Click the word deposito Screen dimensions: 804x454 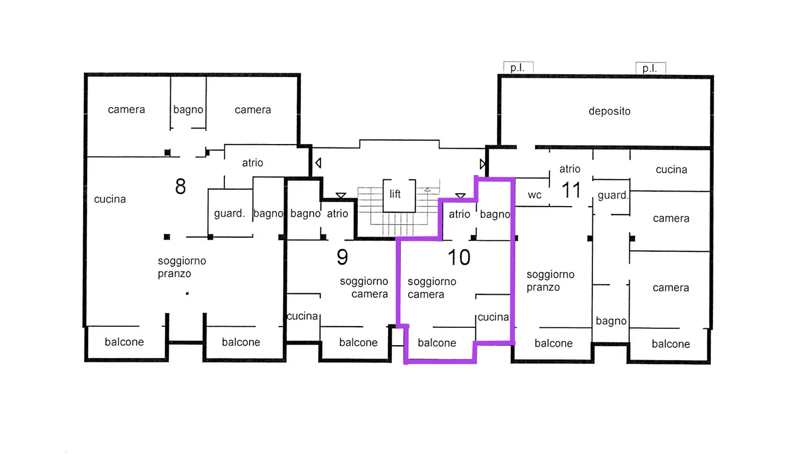coord(609,111)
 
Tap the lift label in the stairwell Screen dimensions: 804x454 coord(395,194)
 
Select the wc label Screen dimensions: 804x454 coord(534,195)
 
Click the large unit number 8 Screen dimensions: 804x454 coord(180,187)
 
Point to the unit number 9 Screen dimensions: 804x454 coord(342,257)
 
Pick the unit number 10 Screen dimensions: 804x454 coord(459,257)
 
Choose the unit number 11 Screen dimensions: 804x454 coord(571,190)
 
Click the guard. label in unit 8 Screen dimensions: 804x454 coord(229,213)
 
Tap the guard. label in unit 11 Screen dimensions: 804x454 coord(613,195)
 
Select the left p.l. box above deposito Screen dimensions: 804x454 coord(518,68)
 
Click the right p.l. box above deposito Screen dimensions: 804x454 coord(650,68)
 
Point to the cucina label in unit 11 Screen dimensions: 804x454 coord(671,169)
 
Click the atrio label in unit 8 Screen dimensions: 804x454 coord(252,163)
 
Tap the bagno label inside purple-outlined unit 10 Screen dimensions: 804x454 coord(495,214)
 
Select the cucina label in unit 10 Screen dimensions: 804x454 coord(493,317)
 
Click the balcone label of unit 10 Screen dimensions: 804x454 coord(437,343)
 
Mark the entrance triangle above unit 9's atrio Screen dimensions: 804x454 coord(341,195)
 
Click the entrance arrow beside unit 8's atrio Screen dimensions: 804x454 coord(318,163)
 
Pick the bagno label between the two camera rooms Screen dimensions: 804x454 coord(188,110)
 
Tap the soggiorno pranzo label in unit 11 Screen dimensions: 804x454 coord(551,281)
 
